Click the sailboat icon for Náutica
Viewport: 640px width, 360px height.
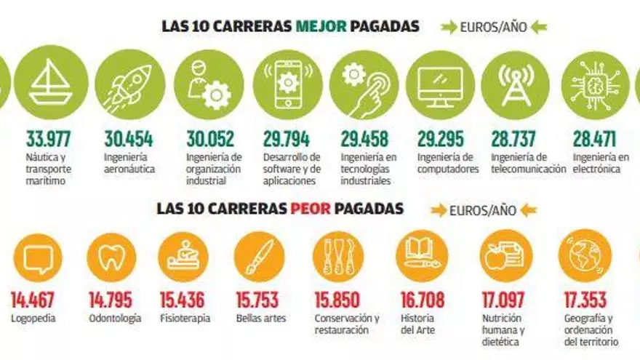(x=50, y=84)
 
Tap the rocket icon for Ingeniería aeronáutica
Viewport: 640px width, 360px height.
(x=130, y=85)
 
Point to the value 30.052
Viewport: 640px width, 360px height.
(x=209, y=139)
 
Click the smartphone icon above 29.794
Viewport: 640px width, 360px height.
(x=288, y=85)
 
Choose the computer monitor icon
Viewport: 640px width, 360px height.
(x=440, y=85)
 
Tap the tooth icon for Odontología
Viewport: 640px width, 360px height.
(x=111, y=257)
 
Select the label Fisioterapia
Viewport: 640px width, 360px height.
(x=184, y=318)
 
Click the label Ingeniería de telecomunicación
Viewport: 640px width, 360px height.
(x=528, y=163)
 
